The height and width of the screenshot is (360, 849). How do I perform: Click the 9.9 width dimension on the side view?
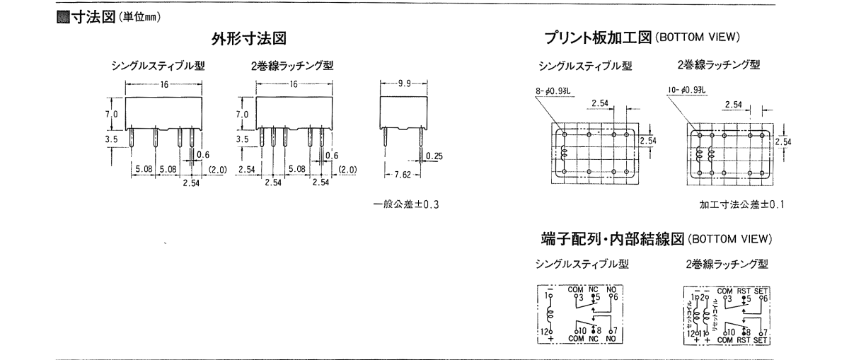click(405, 83)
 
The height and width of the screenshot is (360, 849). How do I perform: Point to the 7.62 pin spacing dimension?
click(404, 174)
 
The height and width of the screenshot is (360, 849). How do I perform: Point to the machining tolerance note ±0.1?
click(742, 204)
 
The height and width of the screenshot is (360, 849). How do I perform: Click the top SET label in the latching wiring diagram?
click(761, 289)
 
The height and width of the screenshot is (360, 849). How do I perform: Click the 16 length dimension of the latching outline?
click(292, 83)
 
